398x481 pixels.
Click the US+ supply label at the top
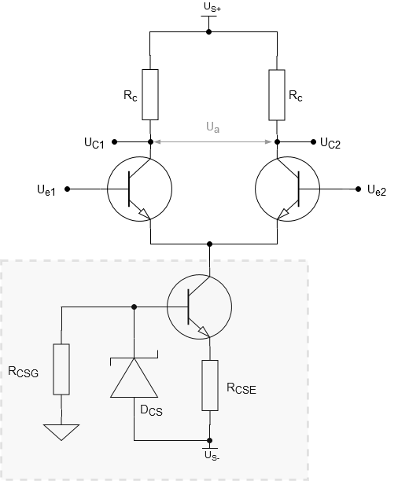pyautogui.click(x=212, y=7)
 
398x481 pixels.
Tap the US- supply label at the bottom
pyautogui.click(x=212, y=456)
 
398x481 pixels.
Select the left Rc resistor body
pyautogui.click(x=150, y=94)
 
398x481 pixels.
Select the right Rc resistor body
pyautogui.click(x=277, y=95)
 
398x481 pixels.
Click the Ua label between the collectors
pyautogui.click(x=213, y=127)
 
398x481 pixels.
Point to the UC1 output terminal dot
pyautogui.click(x=115, y=141)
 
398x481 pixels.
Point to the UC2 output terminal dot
pyautogui.click(x=313, y=141)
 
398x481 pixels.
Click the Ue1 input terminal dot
pyautogui.click(x=68, y=189)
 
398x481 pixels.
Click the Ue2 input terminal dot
pyautogui.click(x=358, y=189)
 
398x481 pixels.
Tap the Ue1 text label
pyautogui.click(x=46, y=190)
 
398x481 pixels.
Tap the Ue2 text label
pyautogui.click(x=377, y=190)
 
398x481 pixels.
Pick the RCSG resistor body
pyautogui.click(x=61, y=369)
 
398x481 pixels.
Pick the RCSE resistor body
pyautogui.click(x=210, y=385)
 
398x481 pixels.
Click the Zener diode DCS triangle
pyautogui.click(x=135, y=377)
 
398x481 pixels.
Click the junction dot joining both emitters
pyautogui.click(x=210, y=244)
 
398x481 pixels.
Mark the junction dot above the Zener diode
pyautogui.click(x=134, y=307)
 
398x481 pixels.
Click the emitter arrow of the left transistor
pyautogui.click(x=146, y=214)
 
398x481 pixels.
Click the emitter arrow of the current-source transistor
pyautogui.click(x=205, y=332)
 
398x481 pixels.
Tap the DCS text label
pyautogui.click(x=151, y=410)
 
